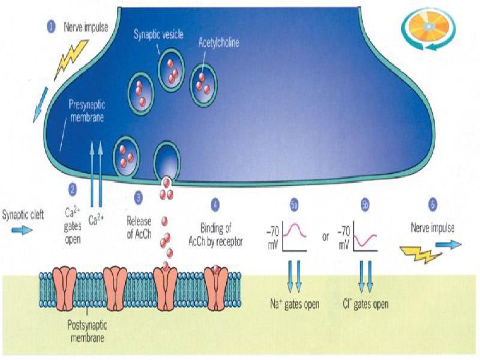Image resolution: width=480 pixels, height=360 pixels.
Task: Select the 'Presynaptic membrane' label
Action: pyautogui.click(x=87, y=111)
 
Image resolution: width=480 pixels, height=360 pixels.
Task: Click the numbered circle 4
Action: pyautogui.click(x=215, y=204)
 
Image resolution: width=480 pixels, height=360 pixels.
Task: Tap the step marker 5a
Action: pyautogui.click(x=293, y=205)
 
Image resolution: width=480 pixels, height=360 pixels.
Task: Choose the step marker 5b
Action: pyautogui.click(x=364, y=205)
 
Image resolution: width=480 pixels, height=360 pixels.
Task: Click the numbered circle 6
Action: pyautogui.click(x=432, y=205)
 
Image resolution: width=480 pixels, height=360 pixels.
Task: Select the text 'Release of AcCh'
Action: pyautogui.click(x=139, y=228)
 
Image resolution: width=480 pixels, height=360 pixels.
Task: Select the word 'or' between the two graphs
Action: pyautogui.click(x=326, y=237)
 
